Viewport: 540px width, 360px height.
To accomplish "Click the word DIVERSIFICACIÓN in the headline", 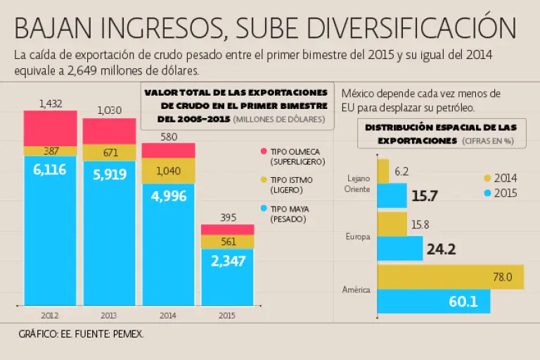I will (x=405, y=28).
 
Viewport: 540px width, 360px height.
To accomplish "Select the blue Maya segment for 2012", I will (x=50, y=232).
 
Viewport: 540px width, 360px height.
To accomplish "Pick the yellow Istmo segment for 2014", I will (x=168, y=171).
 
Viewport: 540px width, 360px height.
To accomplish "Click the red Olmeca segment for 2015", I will (x=227, y=230).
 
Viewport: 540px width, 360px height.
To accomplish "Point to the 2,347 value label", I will (x=227, y=261).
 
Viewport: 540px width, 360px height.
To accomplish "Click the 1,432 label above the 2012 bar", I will (x=51, y=103).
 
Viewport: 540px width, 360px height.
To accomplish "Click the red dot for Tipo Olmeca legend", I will (x=264, y=151).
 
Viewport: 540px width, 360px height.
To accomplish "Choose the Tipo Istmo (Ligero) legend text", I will (x=291, y=185).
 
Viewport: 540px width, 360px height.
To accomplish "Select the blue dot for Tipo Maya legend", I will (x=264, y=209).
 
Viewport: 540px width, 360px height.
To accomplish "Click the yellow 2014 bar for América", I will (x=450, y=277).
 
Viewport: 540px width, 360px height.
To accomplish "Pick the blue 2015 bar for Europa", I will (x=399, y=248).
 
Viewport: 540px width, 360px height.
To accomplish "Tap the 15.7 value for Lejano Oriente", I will (x=425, y=196).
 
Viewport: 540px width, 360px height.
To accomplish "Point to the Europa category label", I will (x=358, y=237).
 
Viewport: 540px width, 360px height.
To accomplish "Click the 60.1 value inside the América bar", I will (x=463, y=302).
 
